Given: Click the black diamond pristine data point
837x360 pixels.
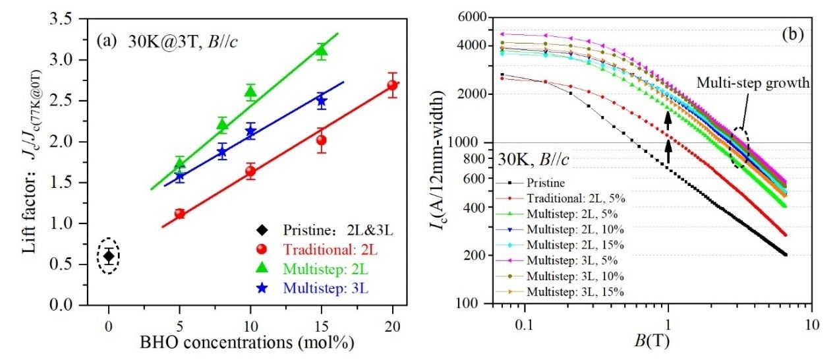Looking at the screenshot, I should click(x=109, y=256).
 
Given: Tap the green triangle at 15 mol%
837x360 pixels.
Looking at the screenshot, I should click(x=322, y=51).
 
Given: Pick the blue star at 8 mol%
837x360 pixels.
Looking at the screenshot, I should click(x=222, y=152).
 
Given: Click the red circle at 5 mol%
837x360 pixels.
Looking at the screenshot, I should click(x=179, y=214).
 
